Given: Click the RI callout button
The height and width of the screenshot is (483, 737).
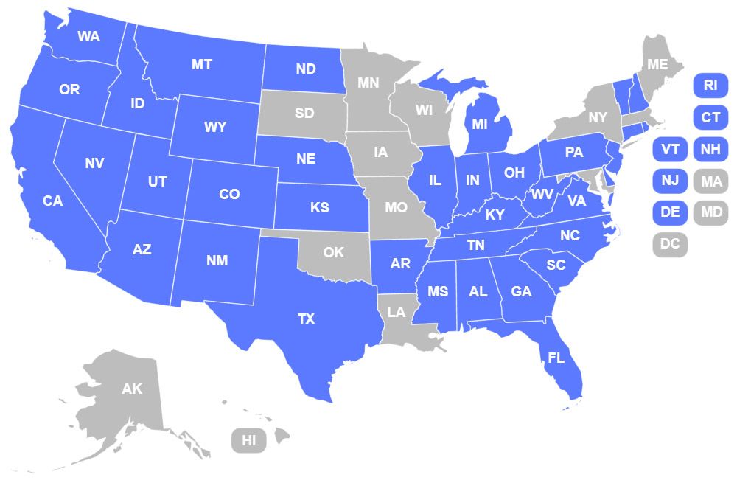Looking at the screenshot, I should [710, 85].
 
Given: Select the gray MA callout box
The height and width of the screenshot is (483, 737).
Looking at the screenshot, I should [710, 181].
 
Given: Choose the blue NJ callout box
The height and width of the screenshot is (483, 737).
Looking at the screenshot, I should [670, 181].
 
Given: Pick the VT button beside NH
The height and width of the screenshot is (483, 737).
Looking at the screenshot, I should [670, 149].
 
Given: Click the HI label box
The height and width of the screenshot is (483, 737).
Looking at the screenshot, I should [249, 441].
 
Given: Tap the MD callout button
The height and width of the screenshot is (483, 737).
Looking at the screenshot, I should [710, 212].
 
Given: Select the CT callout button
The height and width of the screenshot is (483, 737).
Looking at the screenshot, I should [710, 117].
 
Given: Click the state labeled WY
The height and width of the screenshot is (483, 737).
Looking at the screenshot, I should [215, 128].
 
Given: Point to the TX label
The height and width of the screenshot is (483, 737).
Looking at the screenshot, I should [306, 319].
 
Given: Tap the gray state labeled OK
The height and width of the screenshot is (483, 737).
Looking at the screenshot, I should [334, 252].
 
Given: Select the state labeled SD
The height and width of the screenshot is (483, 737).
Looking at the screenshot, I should [304, 114].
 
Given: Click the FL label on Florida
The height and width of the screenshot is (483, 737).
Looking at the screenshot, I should [556, 358].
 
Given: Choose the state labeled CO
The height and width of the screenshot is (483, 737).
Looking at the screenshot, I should [229, 195].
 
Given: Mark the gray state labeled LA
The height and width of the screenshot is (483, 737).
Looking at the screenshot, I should [397, 312].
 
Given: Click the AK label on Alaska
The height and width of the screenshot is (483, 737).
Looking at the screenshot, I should [132, 389].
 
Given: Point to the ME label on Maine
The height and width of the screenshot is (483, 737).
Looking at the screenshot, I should [657, 65].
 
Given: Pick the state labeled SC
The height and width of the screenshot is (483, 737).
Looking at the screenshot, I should [556, 265].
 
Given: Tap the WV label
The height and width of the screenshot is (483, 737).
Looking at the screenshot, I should [542, 195].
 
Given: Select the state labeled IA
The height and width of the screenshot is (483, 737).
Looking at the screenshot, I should [380, 153].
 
